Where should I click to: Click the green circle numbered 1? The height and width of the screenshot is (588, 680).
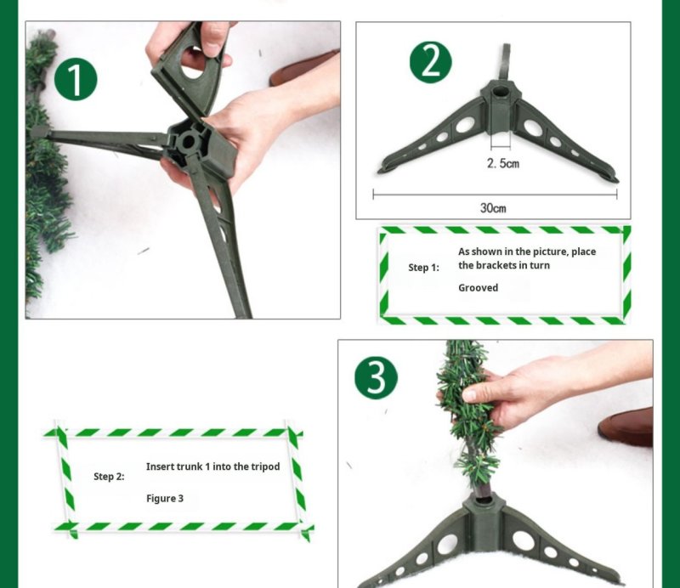[76, 80]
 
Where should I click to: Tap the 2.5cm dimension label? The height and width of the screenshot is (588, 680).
[502, 162]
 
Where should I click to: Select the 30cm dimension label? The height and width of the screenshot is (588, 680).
[494, 207]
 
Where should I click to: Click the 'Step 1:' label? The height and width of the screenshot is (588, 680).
[423, 268]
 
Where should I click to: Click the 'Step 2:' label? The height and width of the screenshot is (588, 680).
[109, 477]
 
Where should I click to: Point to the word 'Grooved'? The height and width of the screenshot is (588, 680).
[478, 288]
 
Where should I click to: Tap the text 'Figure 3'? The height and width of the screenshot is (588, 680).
[165, 498]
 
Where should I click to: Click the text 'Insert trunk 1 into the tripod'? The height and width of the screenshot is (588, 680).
[212, 466]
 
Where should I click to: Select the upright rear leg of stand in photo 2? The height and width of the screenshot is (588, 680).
[506, 63]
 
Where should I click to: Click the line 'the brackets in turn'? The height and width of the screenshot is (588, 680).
[503, 266]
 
